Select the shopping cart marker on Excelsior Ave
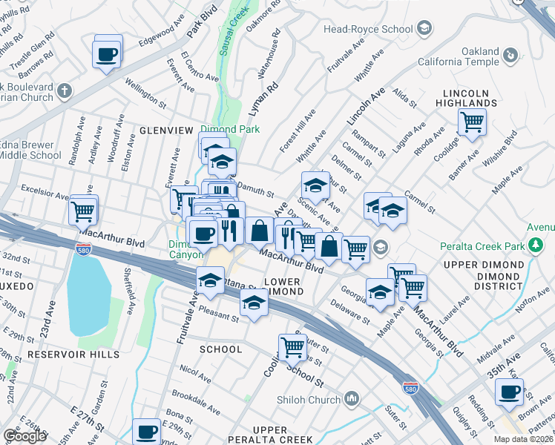83,211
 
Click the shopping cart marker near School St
292,346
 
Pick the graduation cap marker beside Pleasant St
254,303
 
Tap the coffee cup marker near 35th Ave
509,392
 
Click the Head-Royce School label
368,29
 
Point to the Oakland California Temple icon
510,55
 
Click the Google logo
24,436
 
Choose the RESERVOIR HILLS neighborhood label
73,355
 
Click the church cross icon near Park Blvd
65,91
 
